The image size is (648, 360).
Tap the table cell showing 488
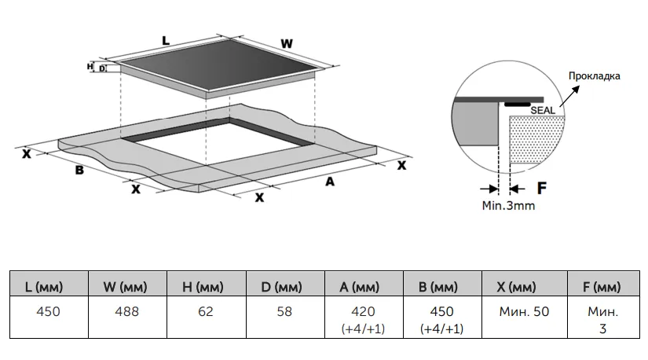coord(127,311)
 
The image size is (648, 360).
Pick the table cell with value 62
coord(206,311)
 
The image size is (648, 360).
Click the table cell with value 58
coord(284,311)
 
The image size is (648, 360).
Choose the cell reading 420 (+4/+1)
coord(363,319)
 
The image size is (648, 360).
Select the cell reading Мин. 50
coord(524,311)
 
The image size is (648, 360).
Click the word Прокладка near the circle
coord(596,76)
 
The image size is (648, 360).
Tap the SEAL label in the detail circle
coord(543,112)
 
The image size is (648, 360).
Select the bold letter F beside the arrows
coord(541,189)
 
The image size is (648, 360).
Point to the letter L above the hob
coord(165,40)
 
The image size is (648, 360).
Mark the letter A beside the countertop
coord(330,182)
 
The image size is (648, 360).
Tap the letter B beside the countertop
coord(79,171)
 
